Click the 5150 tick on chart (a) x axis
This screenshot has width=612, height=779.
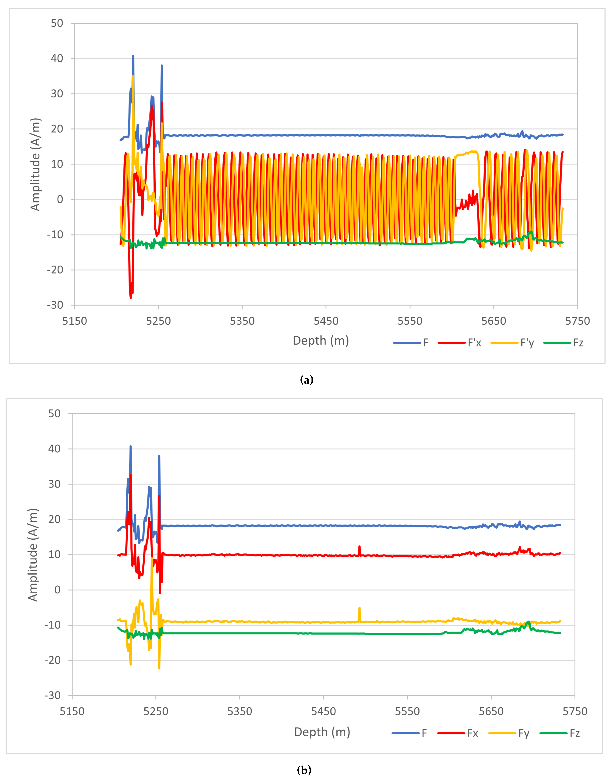[x=74, y=321]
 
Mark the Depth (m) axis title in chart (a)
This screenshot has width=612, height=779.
[x=321, y=340]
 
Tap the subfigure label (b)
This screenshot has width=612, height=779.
[x=304, y=770]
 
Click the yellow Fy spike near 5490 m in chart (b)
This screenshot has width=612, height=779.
[x=359, y=608]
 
